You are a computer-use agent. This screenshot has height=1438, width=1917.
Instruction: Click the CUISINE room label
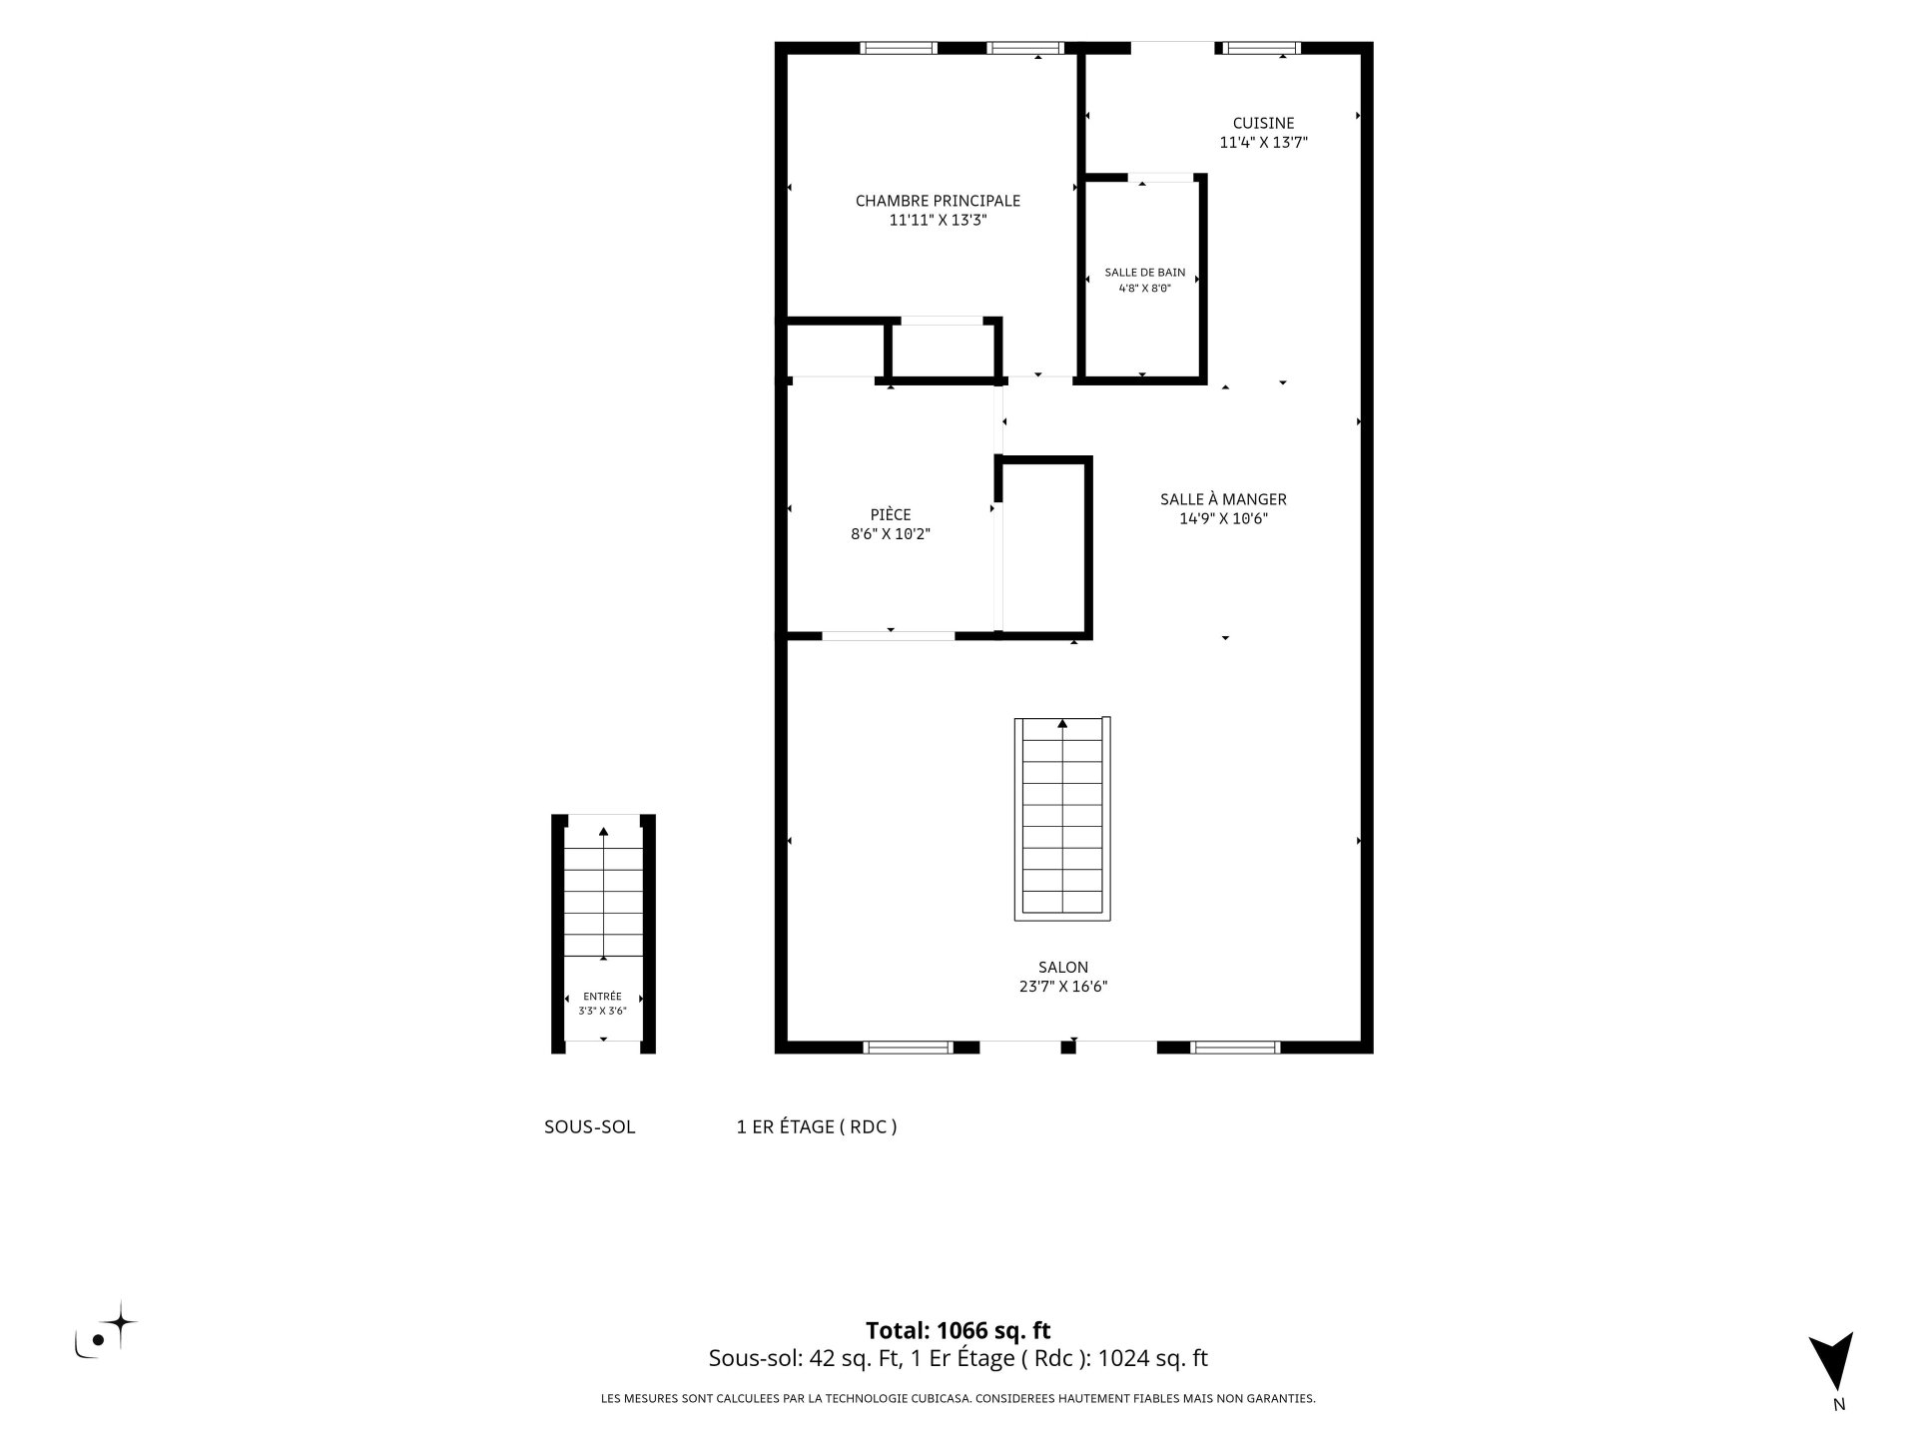coord(1263,123)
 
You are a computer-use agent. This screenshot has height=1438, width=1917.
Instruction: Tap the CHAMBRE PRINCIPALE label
coord(938,201)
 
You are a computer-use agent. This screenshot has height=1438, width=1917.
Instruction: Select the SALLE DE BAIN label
coord(1144,273)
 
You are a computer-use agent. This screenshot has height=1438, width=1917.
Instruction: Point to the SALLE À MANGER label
coord(1223,499)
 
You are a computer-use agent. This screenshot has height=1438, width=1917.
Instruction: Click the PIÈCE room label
coord(891,515)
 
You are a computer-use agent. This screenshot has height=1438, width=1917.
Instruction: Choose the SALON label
coord(1062,968)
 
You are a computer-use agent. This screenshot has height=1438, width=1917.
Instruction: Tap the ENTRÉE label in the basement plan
coord(602,997)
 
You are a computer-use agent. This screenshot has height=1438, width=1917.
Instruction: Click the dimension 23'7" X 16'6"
coord(1062,987)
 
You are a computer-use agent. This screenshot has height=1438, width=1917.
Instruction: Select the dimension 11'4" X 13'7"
coord(1263,143)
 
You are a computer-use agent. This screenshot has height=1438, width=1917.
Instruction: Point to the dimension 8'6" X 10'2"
coord(891,534)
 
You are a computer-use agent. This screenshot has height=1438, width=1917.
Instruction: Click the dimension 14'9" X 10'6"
coord(1223,518)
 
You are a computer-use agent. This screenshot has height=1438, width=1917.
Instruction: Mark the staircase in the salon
coord(1062,819)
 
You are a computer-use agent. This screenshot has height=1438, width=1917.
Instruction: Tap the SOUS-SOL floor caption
coord(589,1127)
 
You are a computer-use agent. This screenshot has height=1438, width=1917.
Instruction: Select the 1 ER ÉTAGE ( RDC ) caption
coord(817,1127)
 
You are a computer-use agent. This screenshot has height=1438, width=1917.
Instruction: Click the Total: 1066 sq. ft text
coord(958,1331)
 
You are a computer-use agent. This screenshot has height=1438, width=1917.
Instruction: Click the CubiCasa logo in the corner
coord(106,1330)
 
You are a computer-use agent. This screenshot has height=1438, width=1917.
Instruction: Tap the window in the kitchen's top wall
coord(1262,47)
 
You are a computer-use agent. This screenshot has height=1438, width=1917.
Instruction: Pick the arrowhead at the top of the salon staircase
coord(1062,723)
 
